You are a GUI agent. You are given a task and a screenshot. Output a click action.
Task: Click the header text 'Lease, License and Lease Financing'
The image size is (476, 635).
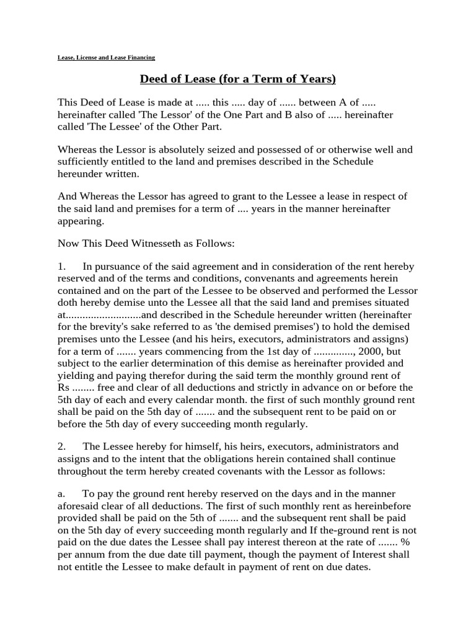(105, 57)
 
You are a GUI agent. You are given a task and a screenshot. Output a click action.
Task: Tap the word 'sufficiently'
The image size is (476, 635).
(83, 161)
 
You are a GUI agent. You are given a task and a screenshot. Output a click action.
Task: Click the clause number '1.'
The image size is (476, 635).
(62, 267)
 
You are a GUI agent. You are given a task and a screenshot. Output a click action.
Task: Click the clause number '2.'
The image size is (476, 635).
(62, 446)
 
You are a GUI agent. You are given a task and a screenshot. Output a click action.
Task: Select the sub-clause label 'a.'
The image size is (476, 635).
(61, 494)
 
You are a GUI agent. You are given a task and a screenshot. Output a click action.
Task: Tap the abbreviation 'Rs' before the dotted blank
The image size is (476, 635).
(63, 388)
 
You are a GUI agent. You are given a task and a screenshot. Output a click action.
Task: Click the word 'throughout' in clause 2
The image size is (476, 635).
(82, 471)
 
